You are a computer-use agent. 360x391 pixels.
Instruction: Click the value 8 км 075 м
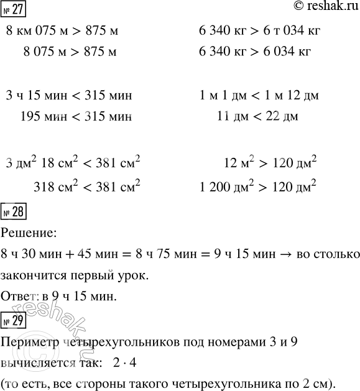35,31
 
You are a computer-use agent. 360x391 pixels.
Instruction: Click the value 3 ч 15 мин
32,96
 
